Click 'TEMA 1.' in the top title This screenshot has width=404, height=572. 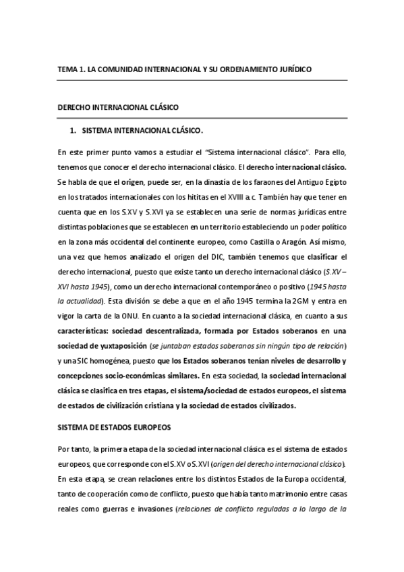pos(69,69)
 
